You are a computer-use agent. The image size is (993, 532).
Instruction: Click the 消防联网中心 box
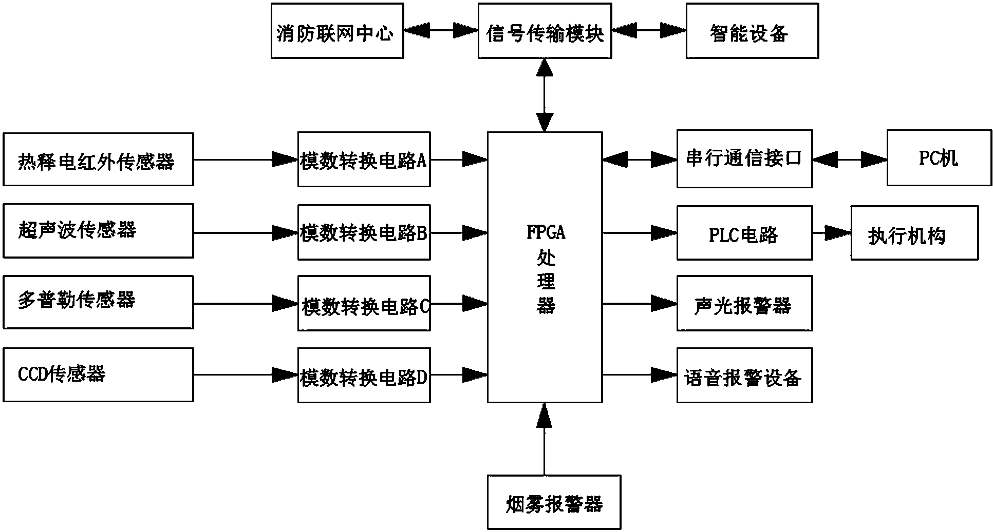click(x=337, y=31)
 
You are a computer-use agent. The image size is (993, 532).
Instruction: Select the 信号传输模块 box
click(x=545, y=31)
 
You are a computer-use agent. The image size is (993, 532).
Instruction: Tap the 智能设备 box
click(x=752, y=31)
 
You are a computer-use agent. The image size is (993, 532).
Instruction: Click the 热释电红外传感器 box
click(x=98, y=160)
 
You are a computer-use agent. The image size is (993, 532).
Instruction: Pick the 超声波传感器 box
click(x=98, y=231)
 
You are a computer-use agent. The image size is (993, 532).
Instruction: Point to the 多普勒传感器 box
click(x=98, y=302)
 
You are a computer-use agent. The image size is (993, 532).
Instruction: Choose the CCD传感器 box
click(x=98, y=375)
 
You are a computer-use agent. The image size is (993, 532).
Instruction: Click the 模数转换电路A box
click(x=364, y=160)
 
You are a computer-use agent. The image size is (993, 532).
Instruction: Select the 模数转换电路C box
click(x=364, y=304)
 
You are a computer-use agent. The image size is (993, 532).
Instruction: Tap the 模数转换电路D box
click(x=364, y=376)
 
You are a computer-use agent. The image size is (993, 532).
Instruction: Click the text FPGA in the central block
click(x=546, y=232)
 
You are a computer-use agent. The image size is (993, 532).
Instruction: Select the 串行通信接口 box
click(x=744, y=159)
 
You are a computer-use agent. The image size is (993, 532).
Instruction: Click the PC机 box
click(x=939, y=158)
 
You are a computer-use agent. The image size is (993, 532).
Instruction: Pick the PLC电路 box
click(x=744, y=233)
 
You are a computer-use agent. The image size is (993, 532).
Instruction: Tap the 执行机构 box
click(x=914, y=233)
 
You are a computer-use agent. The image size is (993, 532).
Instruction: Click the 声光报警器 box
click(x=744, y=304)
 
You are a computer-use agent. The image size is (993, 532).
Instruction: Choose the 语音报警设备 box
click(x=744, y=376)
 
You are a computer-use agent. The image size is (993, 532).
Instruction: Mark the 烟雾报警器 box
click(x=554, y=502)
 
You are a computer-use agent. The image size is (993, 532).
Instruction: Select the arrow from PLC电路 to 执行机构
click(x=831, y=233)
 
